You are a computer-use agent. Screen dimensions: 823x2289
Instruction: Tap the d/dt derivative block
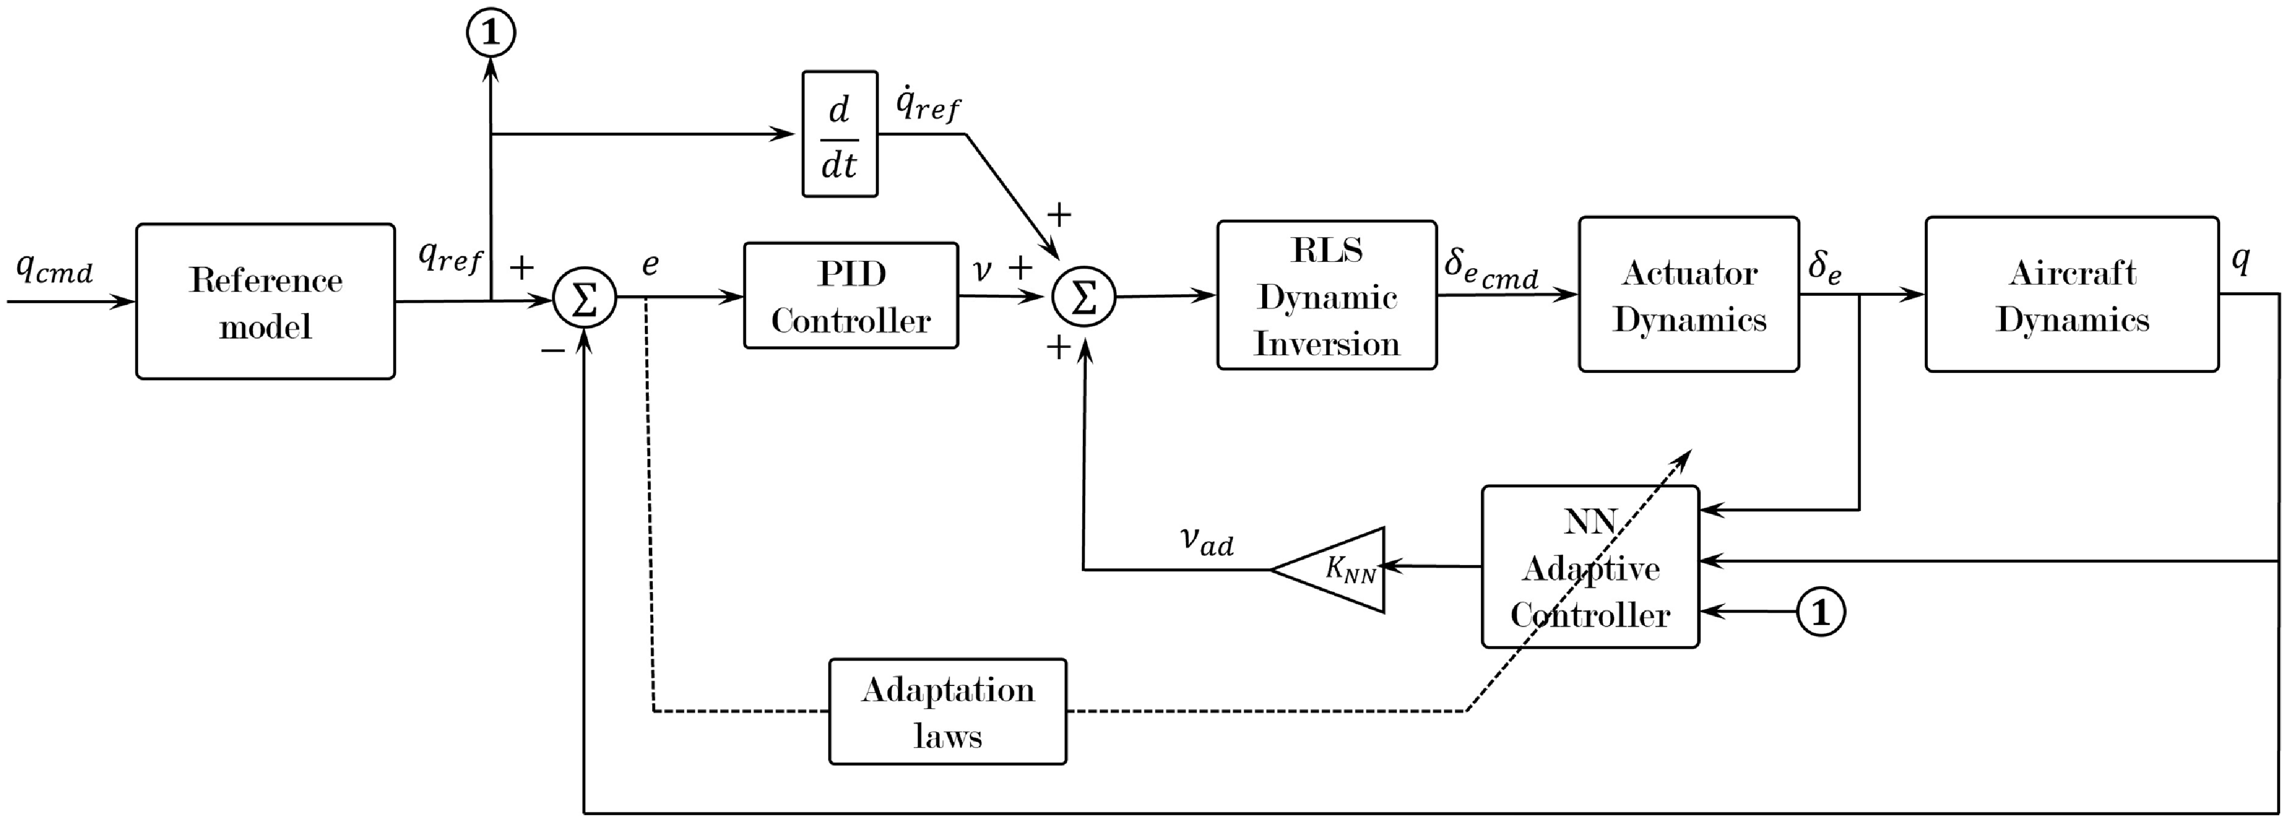click(x=840, y=134)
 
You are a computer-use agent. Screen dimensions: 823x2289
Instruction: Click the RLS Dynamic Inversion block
click(x=1326, y=296)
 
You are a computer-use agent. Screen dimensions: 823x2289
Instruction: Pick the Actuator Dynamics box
click(x=1688, y=295)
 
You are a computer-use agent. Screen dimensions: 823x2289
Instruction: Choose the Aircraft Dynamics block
click(x=2071, y=295)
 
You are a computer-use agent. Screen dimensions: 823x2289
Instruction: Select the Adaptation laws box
click(x=947, y=712)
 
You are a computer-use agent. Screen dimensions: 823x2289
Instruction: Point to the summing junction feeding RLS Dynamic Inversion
click(x=1083, y=298)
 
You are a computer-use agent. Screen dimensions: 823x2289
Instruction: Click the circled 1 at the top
click(x=491, y=33)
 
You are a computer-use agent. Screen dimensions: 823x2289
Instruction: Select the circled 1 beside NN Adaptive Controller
click(x=1821, y=612)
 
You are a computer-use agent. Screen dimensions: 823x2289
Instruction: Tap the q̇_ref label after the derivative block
click(x=927, y=105)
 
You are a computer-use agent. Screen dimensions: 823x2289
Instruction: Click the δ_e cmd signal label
click(x=1490, y=269)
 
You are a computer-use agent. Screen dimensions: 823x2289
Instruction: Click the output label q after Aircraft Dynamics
click(x=2241, y=260)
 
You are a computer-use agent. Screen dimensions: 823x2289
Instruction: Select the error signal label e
click(x=651, y=264)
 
